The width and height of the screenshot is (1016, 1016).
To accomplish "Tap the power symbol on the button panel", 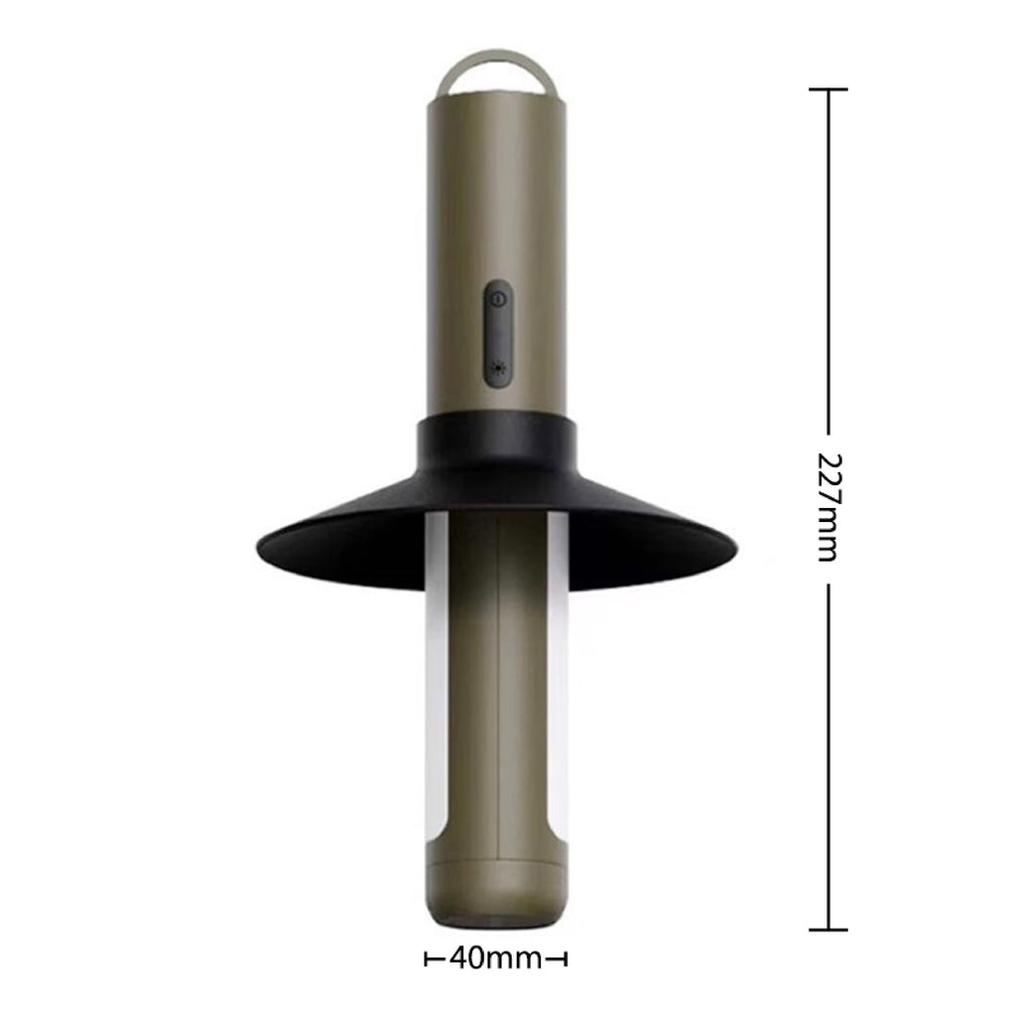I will [499, 298].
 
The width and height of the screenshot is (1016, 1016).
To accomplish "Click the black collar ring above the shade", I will [498, 444].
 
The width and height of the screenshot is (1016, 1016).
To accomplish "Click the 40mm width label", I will [495, 958].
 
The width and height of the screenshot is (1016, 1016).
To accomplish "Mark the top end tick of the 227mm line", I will [827, 89].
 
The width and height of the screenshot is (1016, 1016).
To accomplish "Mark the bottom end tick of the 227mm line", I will [827, 930].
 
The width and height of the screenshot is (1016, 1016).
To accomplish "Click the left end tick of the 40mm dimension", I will [428, 959].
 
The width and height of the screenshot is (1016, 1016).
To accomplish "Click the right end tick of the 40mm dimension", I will [566, 959].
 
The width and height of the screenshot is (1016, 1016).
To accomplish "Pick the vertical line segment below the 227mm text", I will [827, 754].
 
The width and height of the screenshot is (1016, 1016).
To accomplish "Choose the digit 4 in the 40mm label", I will [459, 958].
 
